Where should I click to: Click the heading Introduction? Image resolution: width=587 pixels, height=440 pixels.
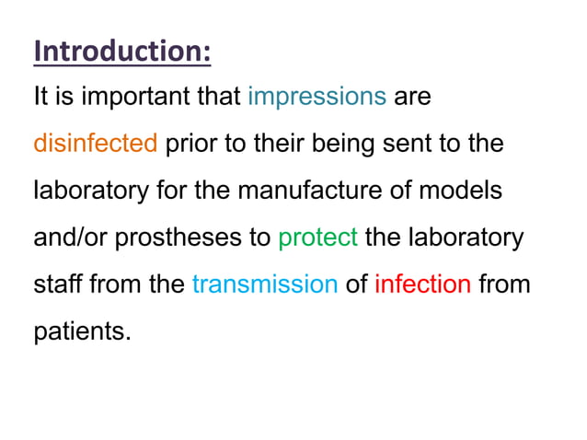pyautogui.click(x=122, y=51)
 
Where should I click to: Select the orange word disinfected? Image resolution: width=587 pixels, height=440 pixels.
pyautogui.click(x=96, y=144)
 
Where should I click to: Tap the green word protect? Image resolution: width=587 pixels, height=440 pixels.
pyautogui.click(x=317, y=237)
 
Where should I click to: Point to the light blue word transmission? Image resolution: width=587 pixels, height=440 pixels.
pyautogui.click(x=265, y=284)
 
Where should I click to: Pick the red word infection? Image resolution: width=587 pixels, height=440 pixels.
pyautogui.click(x=423, y=284)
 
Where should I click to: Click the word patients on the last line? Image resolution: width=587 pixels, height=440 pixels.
pyautogui.click(x=83, y=330)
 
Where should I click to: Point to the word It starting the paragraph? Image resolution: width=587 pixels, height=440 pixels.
pyautogui.click(x=40, y=97)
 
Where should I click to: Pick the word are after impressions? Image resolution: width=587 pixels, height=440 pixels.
pyautogui.click(x=412, y=97)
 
